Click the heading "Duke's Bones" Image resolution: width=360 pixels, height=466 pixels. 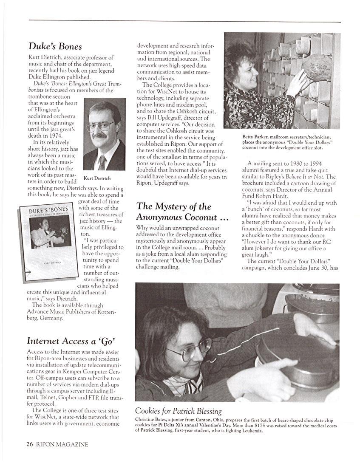coord(55,46)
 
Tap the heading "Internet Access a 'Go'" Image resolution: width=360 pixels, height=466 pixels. coord(71,341)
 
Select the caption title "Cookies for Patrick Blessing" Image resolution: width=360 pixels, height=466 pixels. coord(178,411)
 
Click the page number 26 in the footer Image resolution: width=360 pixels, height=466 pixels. coord(29,444)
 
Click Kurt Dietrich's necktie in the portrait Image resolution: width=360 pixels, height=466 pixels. coord(102,162)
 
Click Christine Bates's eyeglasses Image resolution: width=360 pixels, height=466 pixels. coord(189,349)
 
